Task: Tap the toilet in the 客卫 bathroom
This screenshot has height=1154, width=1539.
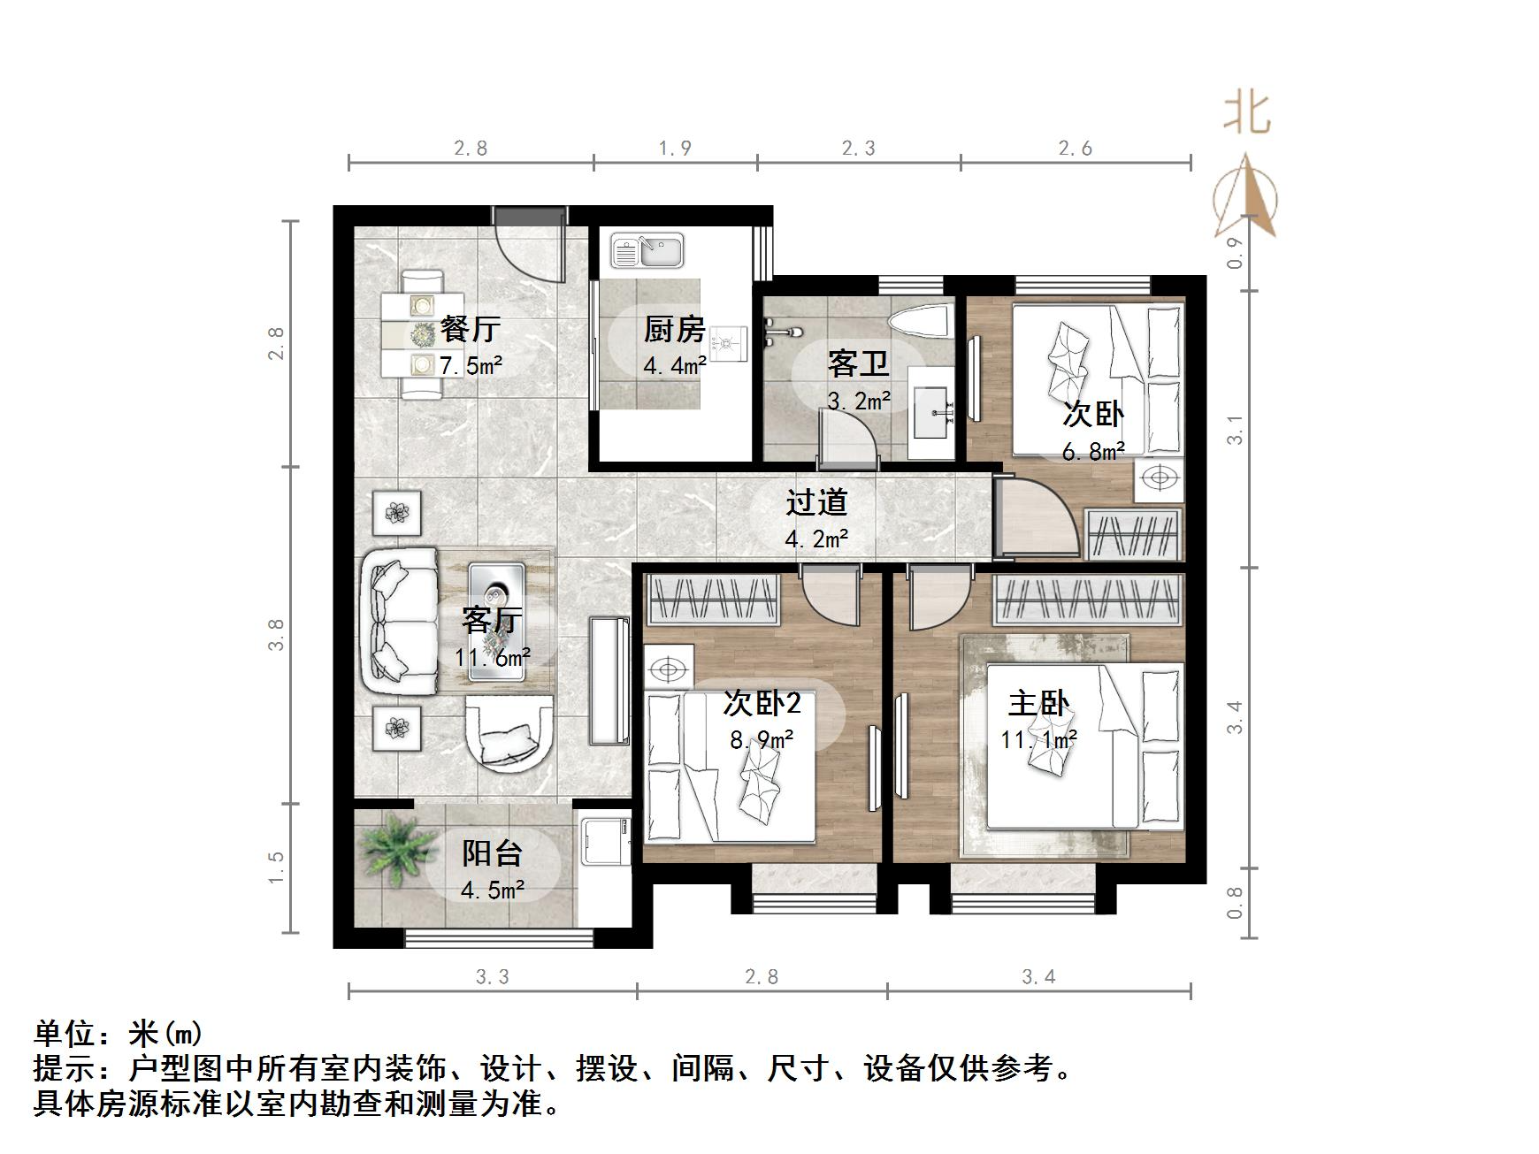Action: [x=919, y=323]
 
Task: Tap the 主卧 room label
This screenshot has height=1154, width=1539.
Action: [x=1038, y=704]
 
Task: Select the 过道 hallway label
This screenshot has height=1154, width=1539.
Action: [x=816, y=502]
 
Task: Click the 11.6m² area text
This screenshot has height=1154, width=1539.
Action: [x=492, y=658]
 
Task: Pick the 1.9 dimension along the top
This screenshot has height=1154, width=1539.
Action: [x=675, y=148]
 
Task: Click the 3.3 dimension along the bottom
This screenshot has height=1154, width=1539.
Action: [x=492, y=976]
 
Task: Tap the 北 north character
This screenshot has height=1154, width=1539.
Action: [x=1247, y=114]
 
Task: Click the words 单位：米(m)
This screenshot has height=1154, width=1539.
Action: [x=119, y=1033]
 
